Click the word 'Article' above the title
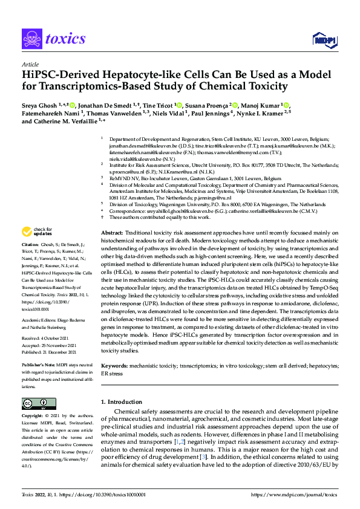[x=30, y=64]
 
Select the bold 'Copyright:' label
[x=34, y=417]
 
